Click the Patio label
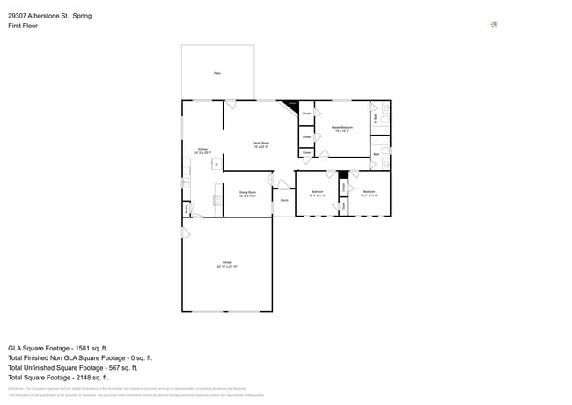(217, 73)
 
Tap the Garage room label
(227, 264)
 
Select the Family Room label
(260, 144)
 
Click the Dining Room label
(247, 193)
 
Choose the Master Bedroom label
(342, 129)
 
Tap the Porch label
(284, 200)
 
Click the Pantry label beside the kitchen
(187, 209)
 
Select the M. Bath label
(376, 116)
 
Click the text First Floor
(23, 26)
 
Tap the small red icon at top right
(494, 25)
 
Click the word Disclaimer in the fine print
(16, 388)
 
